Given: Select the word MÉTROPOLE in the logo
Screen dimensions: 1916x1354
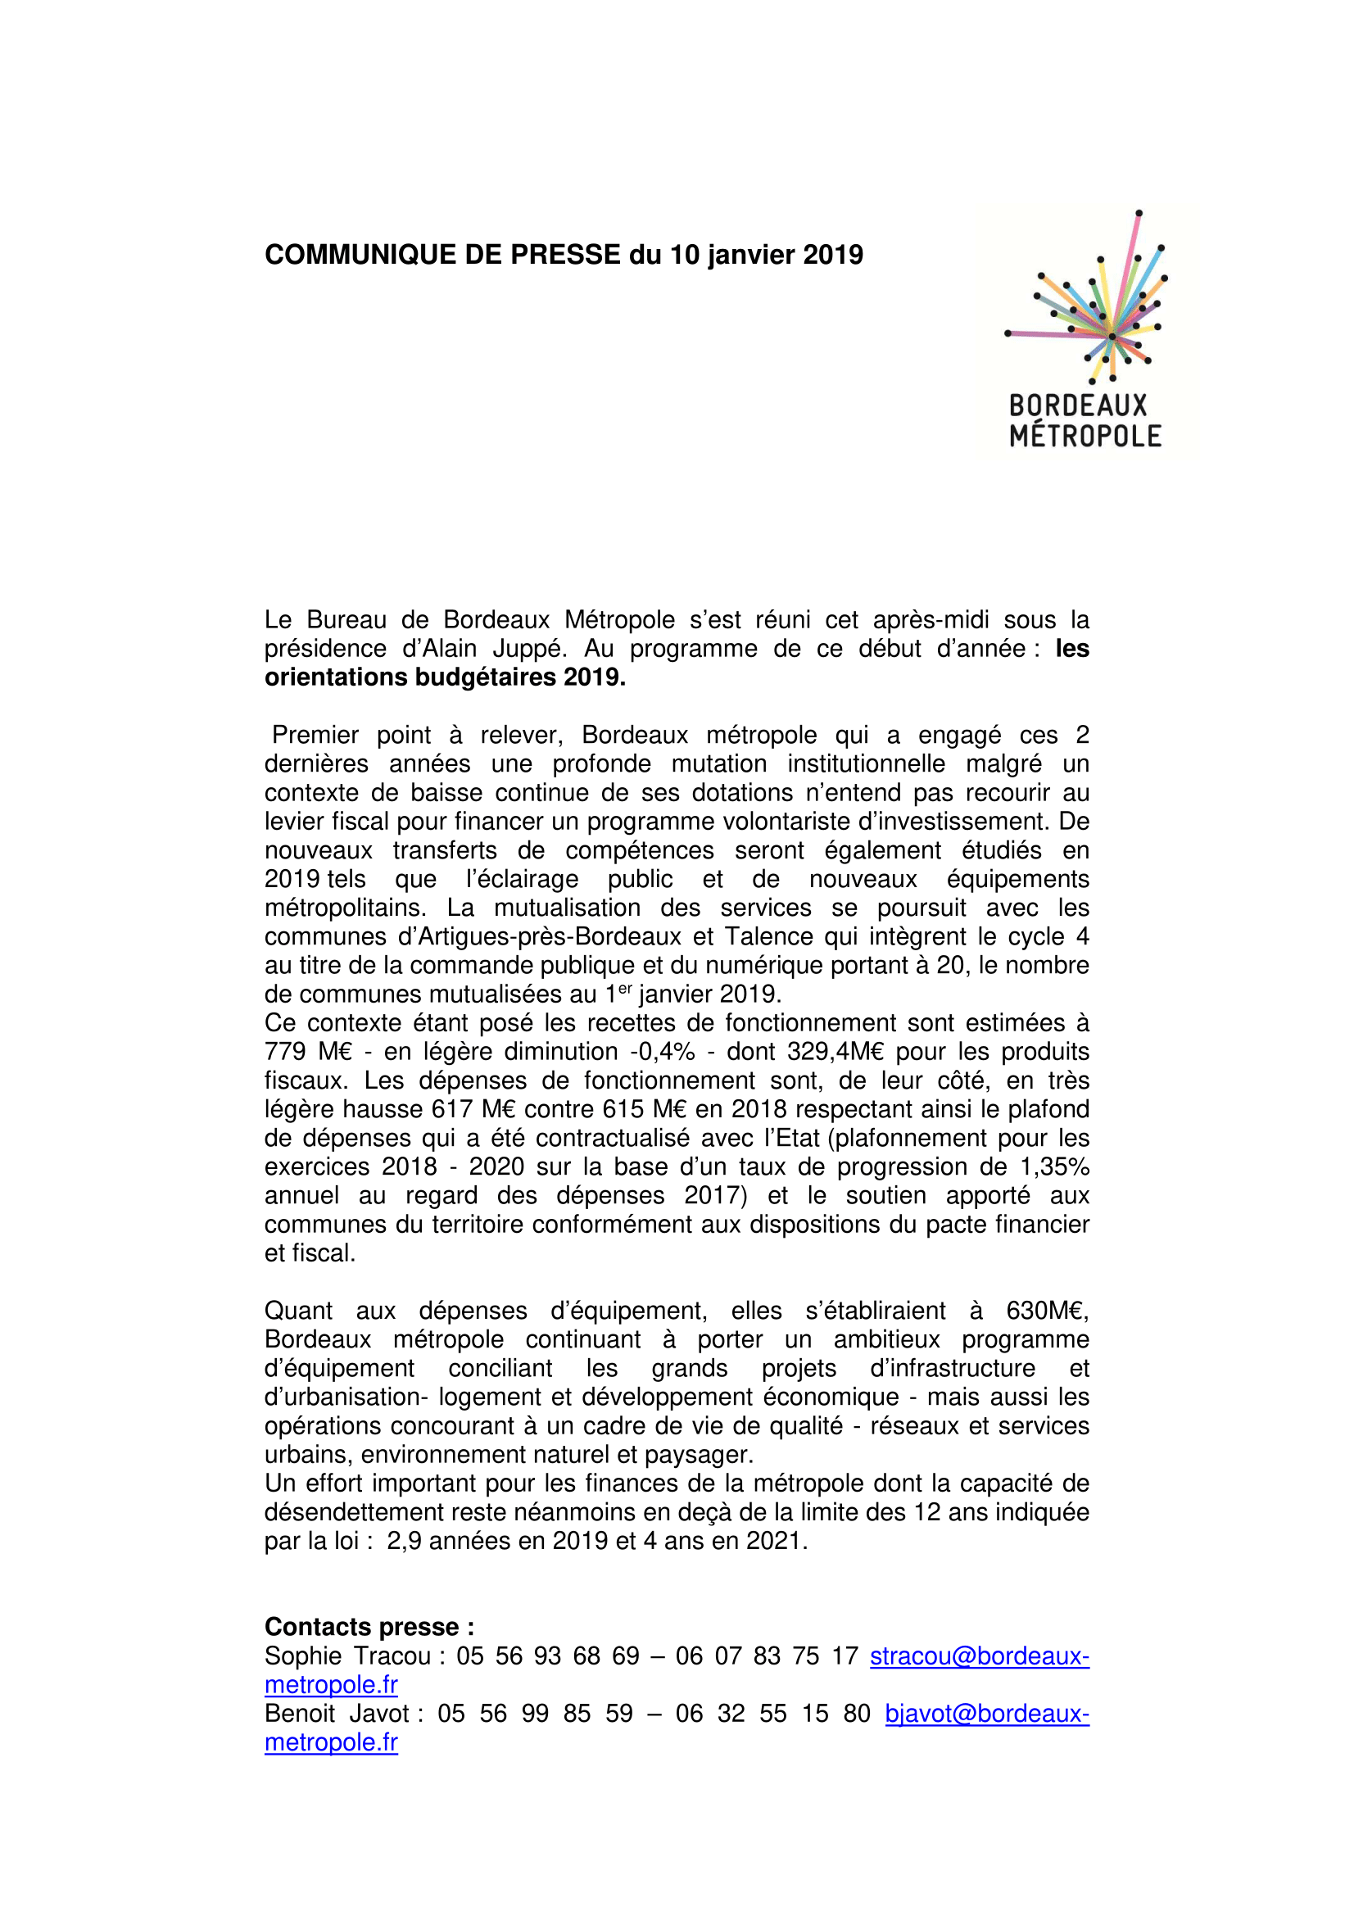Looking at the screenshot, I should coord(1085,436).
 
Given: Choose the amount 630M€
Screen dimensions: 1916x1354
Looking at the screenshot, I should coord(1046,1310).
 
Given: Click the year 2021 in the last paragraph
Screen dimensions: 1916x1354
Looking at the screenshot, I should coord(773,1541).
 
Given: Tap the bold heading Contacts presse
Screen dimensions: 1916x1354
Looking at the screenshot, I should coord(369,1627).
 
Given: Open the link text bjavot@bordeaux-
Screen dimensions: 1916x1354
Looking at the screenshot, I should coord(987,1713).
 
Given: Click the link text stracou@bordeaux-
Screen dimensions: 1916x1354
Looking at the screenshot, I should coord(980,1656).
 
